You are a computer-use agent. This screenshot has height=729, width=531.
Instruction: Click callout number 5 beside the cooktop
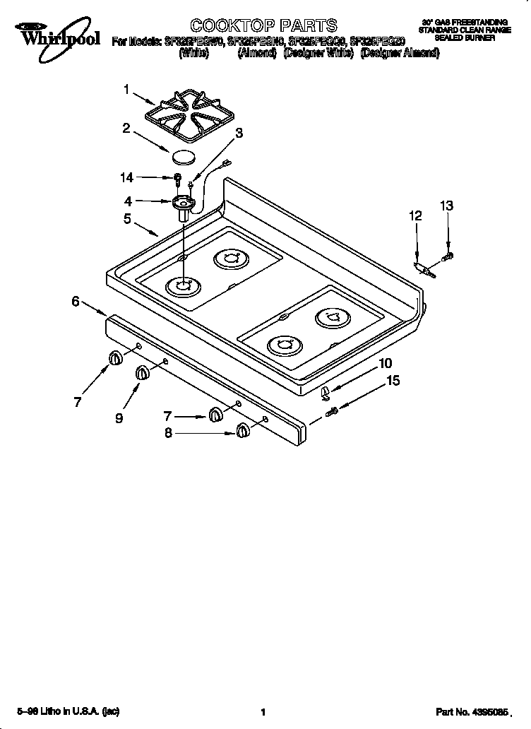[x=127, y=220]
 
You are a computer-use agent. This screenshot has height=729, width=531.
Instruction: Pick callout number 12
[x=416, y=216]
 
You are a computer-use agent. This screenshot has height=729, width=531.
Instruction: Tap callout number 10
[x=386, y=364]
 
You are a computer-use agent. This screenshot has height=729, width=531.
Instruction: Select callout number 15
[x=393, y=381]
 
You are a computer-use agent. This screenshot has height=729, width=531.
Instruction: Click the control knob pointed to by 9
[x=141, y=373]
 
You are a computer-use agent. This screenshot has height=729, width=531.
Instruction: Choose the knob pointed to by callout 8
[x=243, y=430]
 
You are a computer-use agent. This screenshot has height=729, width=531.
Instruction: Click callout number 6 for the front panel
[x=76, y=301]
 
